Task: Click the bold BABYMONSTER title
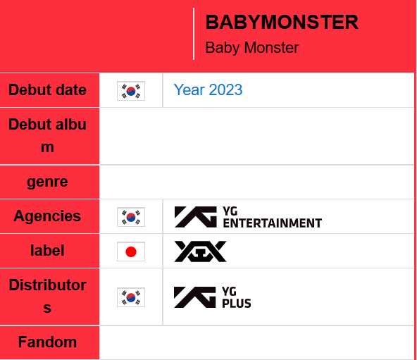(x=281, y=23)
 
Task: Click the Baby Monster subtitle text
(x=251, y=48)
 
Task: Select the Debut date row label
(x=47, y=90)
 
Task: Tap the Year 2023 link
(x=208, y=90)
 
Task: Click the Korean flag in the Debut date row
(x=131, y=91)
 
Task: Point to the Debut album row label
(x=47, y=136)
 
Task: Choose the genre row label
(x=47, y=182)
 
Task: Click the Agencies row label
(x=47, y=216)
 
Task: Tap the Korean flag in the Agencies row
(x=131, y=217)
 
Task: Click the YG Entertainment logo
(x=248, y=217)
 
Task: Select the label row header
(x=47, y=251)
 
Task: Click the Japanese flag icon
(x=131, y=252)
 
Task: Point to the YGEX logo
(x=200, y=252)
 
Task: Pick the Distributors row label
(x=47, y=297)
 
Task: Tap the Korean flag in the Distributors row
(x=131, y=297)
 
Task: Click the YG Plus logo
(x=212, y=297)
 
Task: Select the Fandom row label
(x=47, y=342)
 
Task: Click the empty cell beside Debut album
(x=256, y=136)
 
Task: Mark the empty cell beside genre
(x=256, y=182)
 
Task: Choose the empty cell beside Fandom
(x=256, y=343)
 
